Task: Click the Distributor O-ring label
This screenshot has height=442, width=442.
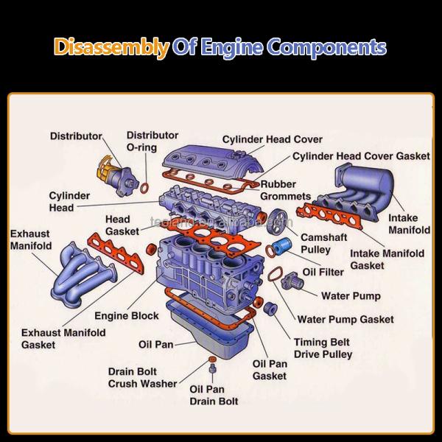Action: pyautogui.click(x=152, y=141)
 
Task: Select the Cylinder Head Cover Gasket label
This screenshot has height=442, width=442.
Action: pyautogui.click(x=361, y=156)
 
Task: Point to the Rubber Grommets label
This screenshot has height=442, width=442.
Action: pyautogui.click(x=283, y=190)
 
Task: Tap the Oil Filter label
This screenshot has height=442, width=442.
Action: pyautogui.click(x=323, y=272)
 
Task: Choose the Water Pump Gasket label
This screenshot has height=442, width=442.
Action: pyautogui.click(x=345, y=320)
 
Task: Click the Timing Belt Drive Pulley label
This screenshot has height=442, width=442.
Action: pyautogui.click(x=323, y=348)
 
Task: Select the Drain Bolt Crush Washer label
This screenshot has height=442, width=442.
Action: pyautogui.click(x=142, y=377)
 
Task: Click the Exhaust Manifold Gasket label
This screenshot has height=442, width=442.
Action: pyautogui.click(x=63, y=339)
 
